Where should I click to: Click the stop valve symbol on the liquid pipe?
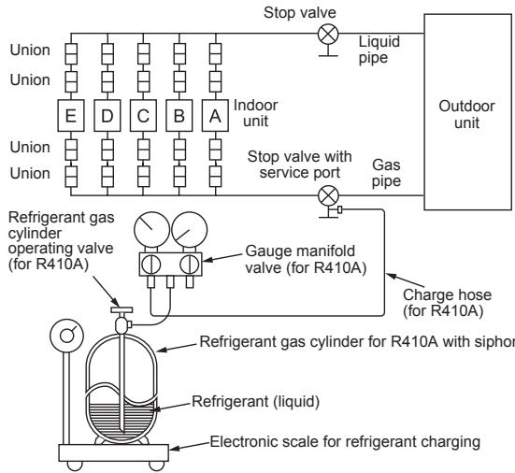[x=328, y=34]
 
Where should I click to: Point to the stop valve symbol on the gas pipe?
[x=328, y=195]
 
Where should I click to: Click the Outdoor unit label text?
[x=466, y=114]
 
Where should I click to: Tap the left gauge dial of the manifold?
[x=152, y=230]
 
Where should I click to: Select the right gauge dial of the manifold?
[x=190, y=230]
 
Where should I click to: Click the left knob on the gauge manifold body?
[x=151, y=265]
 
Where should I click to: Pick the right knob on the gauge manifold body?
[x=190, y=265]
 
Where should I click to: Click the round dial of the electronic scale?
[x=66, y=336]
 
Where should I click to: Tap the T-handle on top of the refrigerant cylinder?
[x=122, y=309]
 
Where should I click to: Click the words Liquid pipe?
[x=379, y=50]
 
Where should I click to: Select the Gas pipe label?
[x=386, y=173]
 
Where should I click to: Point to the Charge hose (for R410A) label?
[x=447, y=303]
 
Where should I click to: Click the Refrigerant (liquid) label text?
[x=255, y=401]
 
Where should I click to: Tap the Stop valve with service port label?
[x=299, y=165]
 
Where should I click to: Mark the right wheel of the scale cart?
[x=157, y=466]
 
